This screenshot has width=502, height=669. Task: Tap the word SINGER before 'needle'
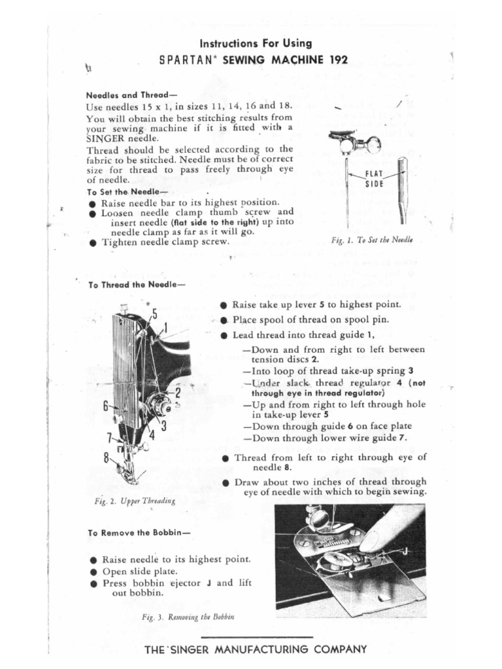coord(108,139)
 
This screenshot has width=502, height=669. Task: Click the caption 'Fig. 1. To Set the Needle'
coord(373,240)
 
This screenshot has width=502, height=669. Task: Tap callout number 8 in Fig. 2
coord(105,457)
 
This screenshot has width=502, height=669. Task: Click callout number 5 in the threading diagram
coord(154,314)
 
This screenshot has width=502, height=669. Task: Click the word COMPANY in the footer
coord(333,649)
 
